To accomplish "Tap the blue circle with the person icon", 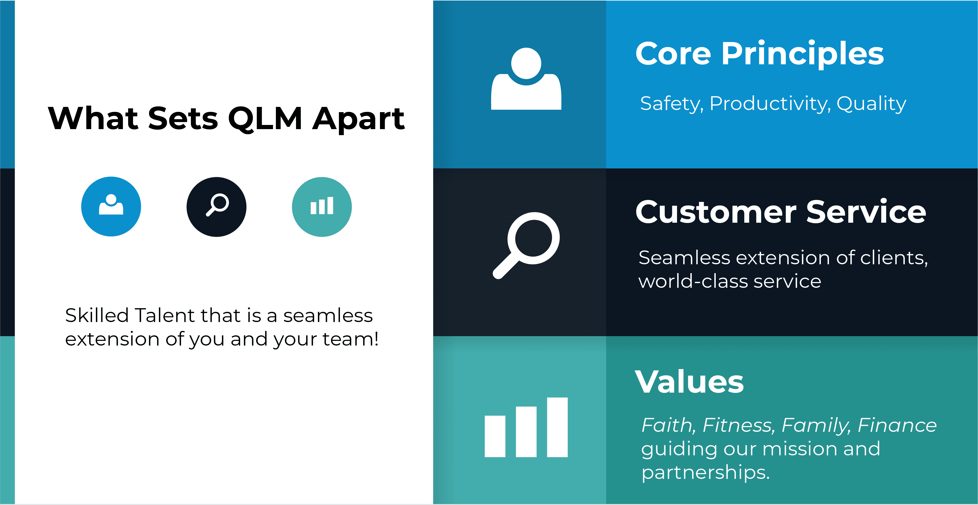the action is pos(111,207).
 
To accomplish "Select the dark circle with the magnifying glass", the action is pos(217,207).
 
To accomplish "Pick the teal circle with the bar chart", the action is pos(322,207).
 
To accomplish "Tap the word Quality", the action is pos(871,104).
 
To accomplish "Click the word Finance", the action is pos(897,425).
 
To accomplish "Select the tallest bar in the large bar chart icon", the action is pos(557,427).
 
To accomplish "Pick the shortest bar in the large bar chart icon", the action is pos(495,436).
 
